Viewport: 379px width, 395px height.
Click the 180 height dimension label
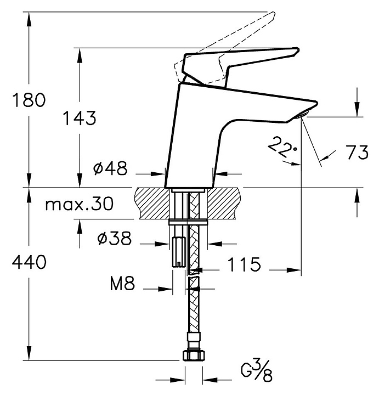[x=29, y=99]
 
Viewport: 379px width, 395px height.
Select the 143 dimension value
[x=80, y=118]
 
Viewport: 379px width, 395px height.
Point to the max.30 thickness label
[x=80, y=204]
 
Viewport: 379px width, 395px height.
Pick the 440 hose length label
[x=29, y=262]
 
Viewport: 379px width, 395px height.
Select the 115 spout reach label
[x=244, y=264]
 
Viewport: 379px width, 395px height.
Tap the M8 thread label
[x=123, y=283]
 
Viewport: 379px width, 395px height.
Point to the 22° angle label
[x=282, y=148]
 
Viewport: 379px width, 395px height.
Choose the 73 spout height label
[x=358, y=152]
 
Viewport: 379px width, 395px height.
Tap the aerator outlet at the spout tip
[x=302, y=116]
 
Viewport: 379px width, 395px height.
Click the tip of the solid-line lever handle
[x=299, y=49]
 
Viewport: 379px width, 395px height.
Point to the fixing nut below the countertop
[x=188, y=222]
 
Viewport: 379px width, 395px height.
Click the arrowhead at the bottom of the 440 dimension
[x=29, y=353]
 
